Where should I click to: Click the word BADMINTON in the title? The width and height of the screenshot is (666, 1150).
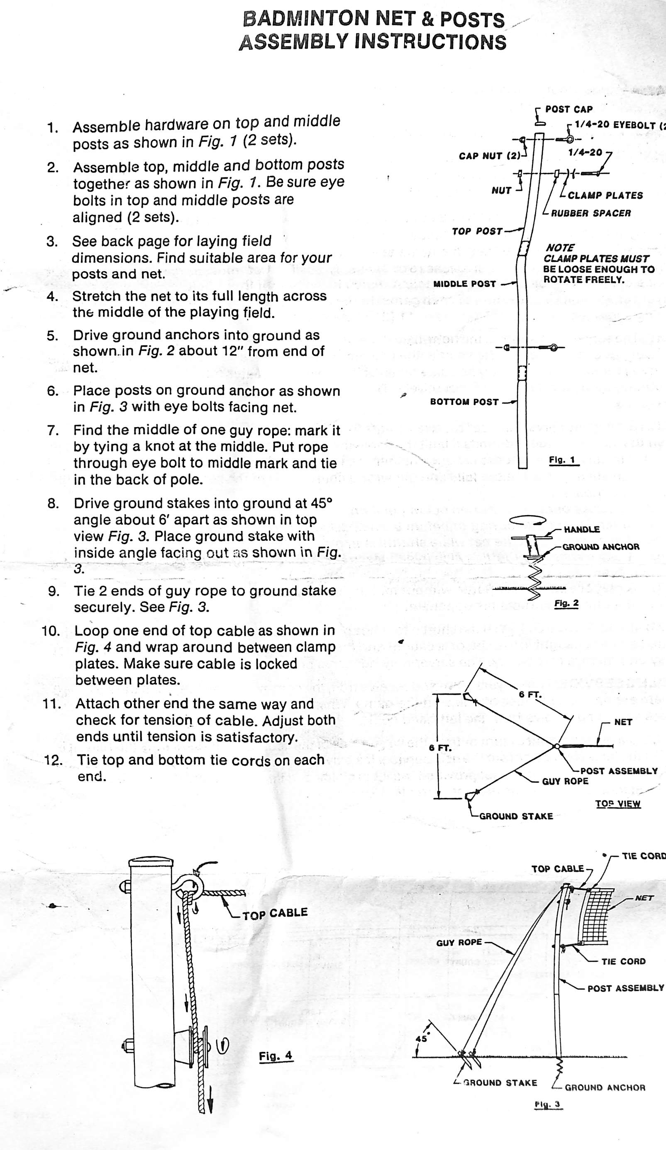click(x=305, y=19)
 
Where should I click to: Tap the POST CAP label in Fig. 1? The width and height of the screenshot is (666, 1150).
click(x=569, y=109)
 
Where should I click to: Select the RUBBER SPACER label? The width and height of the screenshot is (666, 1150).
click(x=590, y=213)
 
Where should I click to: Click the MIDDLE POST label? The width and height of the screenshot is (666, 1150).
click(x=464, y=284)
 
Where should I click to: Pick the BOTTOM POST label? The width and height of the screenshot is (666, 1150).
click(x=464, y=402)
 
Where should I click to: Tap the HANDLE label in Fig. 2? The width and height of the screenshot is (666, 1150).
click(x=581, y=529)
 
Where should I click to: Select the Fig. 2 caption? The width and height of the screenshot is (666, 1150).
click(x=566, y=604)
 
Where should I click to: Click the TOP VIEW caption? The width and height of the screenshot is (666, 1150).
click(x=617, y=817)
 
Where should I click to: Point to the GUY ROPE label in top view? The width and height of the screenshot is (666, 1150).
click(x=565, y=781)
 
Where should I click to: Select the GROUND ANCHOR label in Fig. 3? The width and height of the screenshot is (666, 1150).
click(x=605, y=1087)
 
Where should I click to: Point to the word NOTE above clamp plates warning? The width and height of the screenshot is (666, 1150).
click(x=560, y=248)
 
